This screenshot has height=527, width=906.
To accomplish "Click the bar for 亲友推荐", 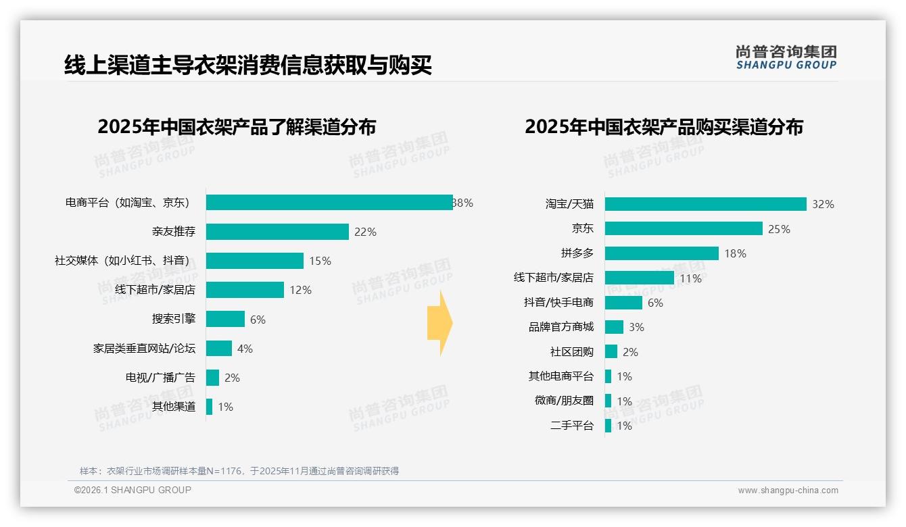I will [x=277, y=232].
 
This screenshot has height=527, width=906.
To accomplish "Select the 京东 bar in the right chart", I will [x=684, y=229].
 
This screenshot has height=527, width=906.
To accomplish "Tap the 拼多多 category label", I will [x=577, y=253].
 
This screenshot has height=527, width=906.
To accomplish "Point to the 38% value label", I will [x=463, y=203].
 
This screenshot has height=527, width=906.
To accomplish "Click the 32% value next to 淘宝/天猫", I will [x=823, y=204].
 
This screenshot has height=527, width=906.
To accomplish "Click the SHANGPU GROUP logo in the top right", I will [x=786, y=57].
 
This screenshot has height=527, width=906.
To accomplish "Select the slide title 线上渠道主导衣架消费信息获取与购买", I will [x=247, y=66].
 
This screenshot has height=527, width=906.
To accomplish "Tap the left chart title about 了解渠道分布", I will [x=237, y=127].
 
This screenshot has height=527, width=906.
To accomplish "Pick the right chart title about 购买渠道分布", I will [x=664, y=127].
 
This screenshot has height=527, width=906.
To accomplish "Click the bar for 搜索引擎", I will [x=225, y=319].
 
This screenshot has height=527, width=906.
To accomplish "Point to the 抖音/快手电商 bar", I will [x=623, y=303].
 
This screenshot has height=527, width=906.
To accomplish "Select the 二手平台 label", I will [x=572, y=426].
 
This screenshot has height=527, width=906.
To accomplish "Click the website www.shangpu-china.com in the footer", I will [x=788, y=491].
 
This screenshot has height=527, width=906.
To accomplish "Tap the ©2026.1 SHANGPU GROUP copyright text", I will [x=133, y=490].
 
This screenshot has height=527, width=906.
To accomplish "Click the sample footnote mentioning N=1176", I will [x=239, y=471].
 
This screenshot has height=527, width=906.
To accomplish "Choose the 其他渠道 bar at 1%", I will [x=210, y=407].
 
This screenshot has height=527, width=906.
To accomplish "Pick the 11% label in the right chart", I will [x=690, y=278].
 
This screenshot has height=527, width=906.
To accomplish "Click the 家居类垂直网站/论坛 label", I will [x=144, y=349].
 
